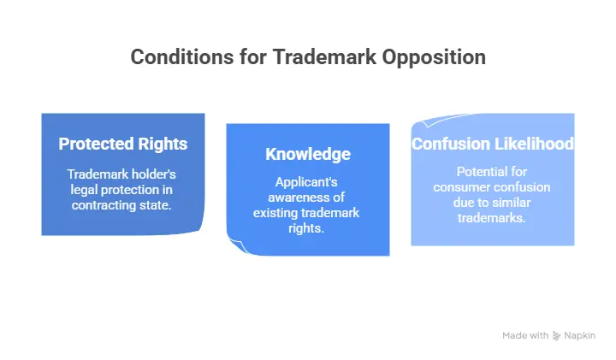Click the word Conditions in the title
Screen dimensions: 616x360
(x=183, y=57)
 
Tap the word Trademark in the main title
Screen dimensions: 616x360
(x=324, y=57)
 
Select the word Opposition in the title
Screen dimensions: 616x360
(x=434, y=57)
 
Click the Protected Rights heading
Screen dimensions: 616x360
(x=123, y=144)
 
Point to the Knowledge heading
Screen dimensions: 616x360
(x=308, y=154)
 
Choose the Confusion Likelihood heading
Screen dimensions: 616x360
(x=493, y=144)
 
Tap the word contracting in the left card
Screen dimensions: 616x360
(x=104, y=205)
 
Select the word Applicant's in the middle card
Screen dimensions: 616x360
(x=306, y=182)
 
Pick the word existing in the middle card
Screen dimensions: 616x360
(x=275, y=213)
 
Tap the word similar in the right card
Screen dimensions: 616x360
(x=511, y=203)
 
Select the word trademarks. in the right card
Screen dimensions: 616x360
(x=491, y=218)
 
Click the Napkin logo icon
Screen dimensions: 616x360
(x=556, y=336)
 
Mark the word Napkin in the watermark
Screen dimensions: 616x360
(x=579, y=336)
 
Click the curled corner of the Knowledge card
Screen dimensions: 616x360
(x=237, y=245)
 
